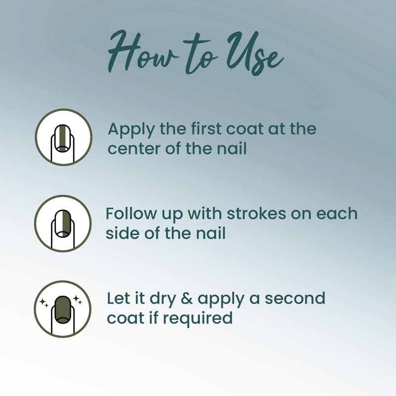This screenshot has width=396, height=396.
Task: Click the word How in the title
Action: pos(143,52)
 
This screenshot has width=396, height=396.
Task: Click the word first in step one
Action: pos(205,128)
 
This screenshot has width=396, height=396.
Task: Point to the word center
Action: pos(134,149)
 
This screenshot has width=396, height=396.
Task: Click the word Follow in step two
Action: pos(131,213)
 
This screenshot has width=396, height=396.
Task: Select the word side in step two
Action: pos(122,233)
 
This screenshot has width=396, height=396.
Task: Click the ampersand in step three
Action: pos(187,298)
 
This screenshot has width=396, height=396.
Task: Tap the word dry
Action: pos(162,299)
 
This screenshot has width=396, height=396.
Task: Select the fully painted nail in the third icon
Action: pos(63,309)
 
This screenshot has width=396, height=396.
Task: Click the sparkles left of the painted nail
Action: pos(44,303)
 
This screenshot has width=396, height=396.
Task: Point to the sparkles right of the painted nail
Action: pos(77,300)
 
